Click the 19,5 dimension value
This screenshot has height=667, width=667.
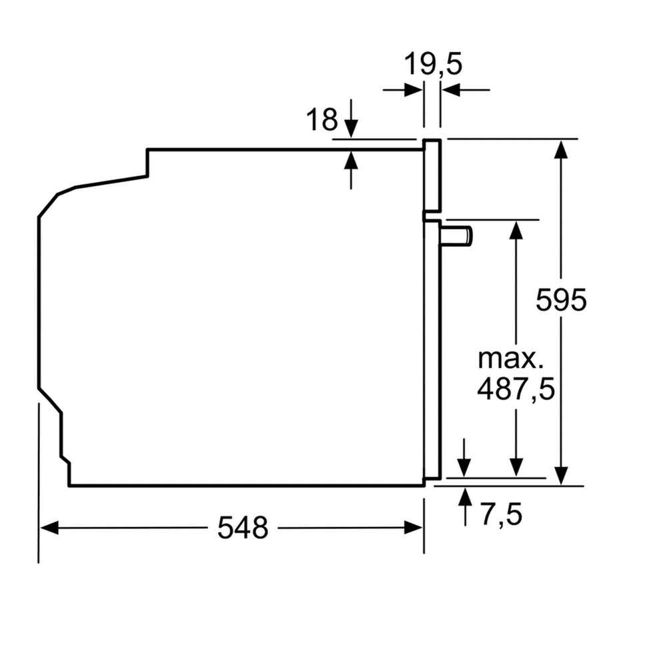(433, 65)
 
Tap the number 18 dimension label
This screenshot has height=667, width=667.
(321, 120)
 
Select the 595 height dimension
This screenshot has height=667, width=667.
(561, 299)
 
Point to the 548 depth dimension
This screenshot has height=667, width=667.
(243, 528)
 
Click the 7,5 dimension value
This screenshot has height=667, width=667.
(500, 514)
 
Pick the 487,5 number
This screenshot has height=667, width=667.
(516, 389)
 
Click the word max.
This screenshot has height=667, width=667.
(510, 359)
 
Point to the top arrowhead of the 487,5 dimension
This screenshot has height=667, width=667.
(516, 227)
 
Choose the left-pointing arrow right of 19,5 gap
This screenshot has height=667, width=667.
(450, 89)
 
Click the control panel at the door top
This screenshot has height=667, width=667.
(432, 176)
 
